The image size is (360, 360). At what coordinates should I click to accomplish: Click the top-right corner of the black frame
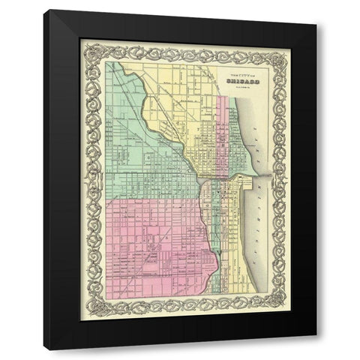[x=315, y=24]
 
